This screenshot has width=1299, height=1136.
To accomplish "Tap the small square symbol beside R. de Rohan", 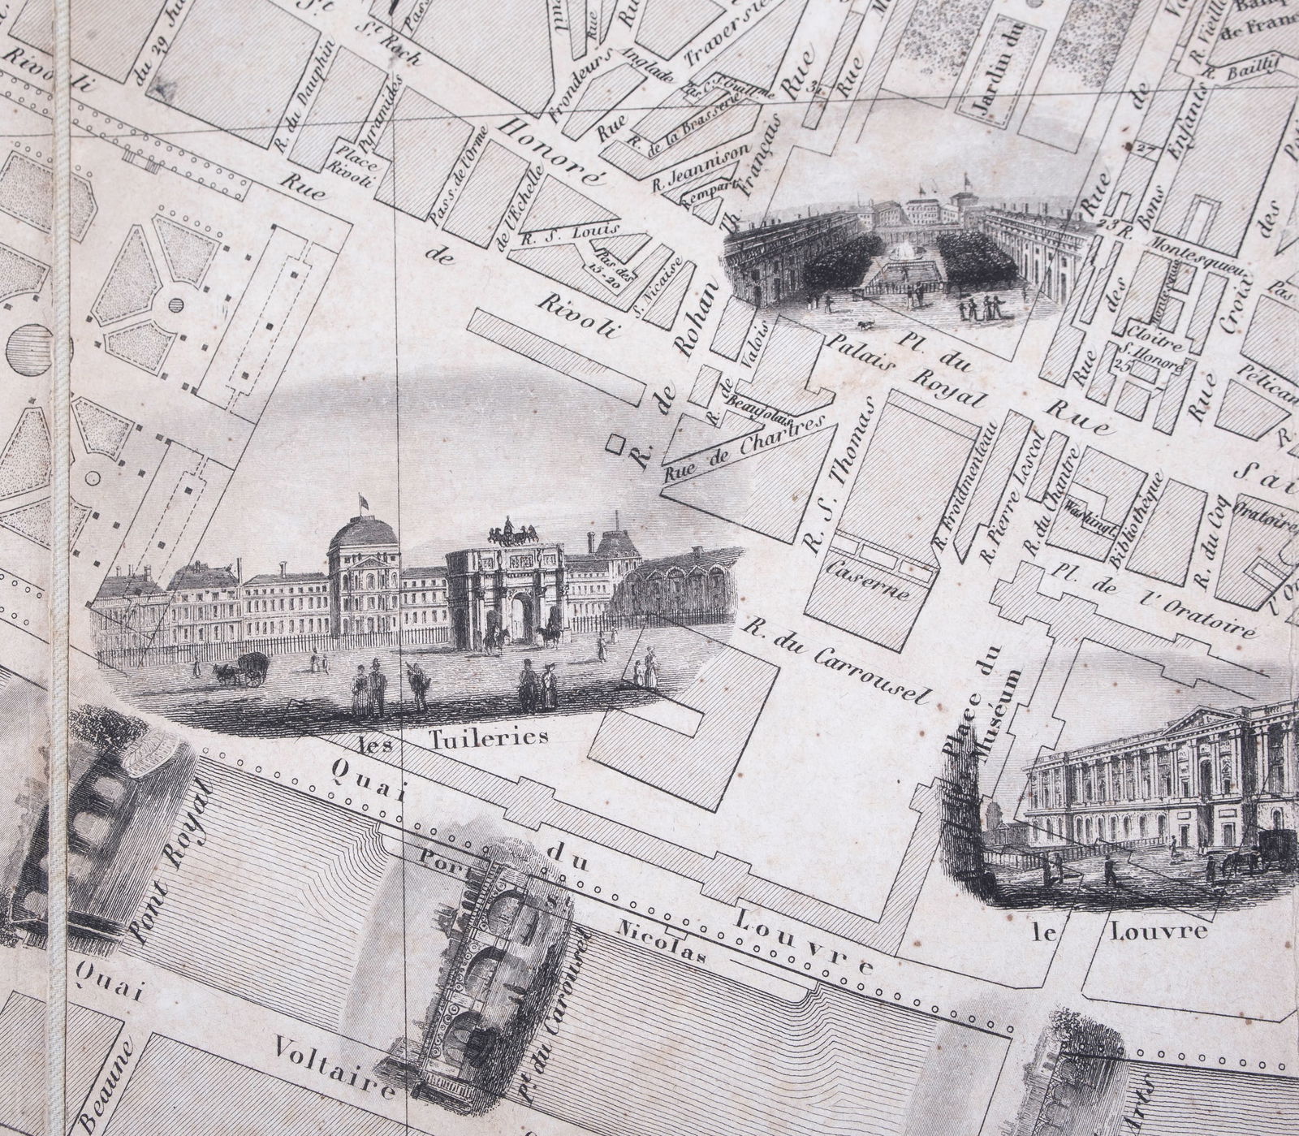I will pos(617,443).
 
